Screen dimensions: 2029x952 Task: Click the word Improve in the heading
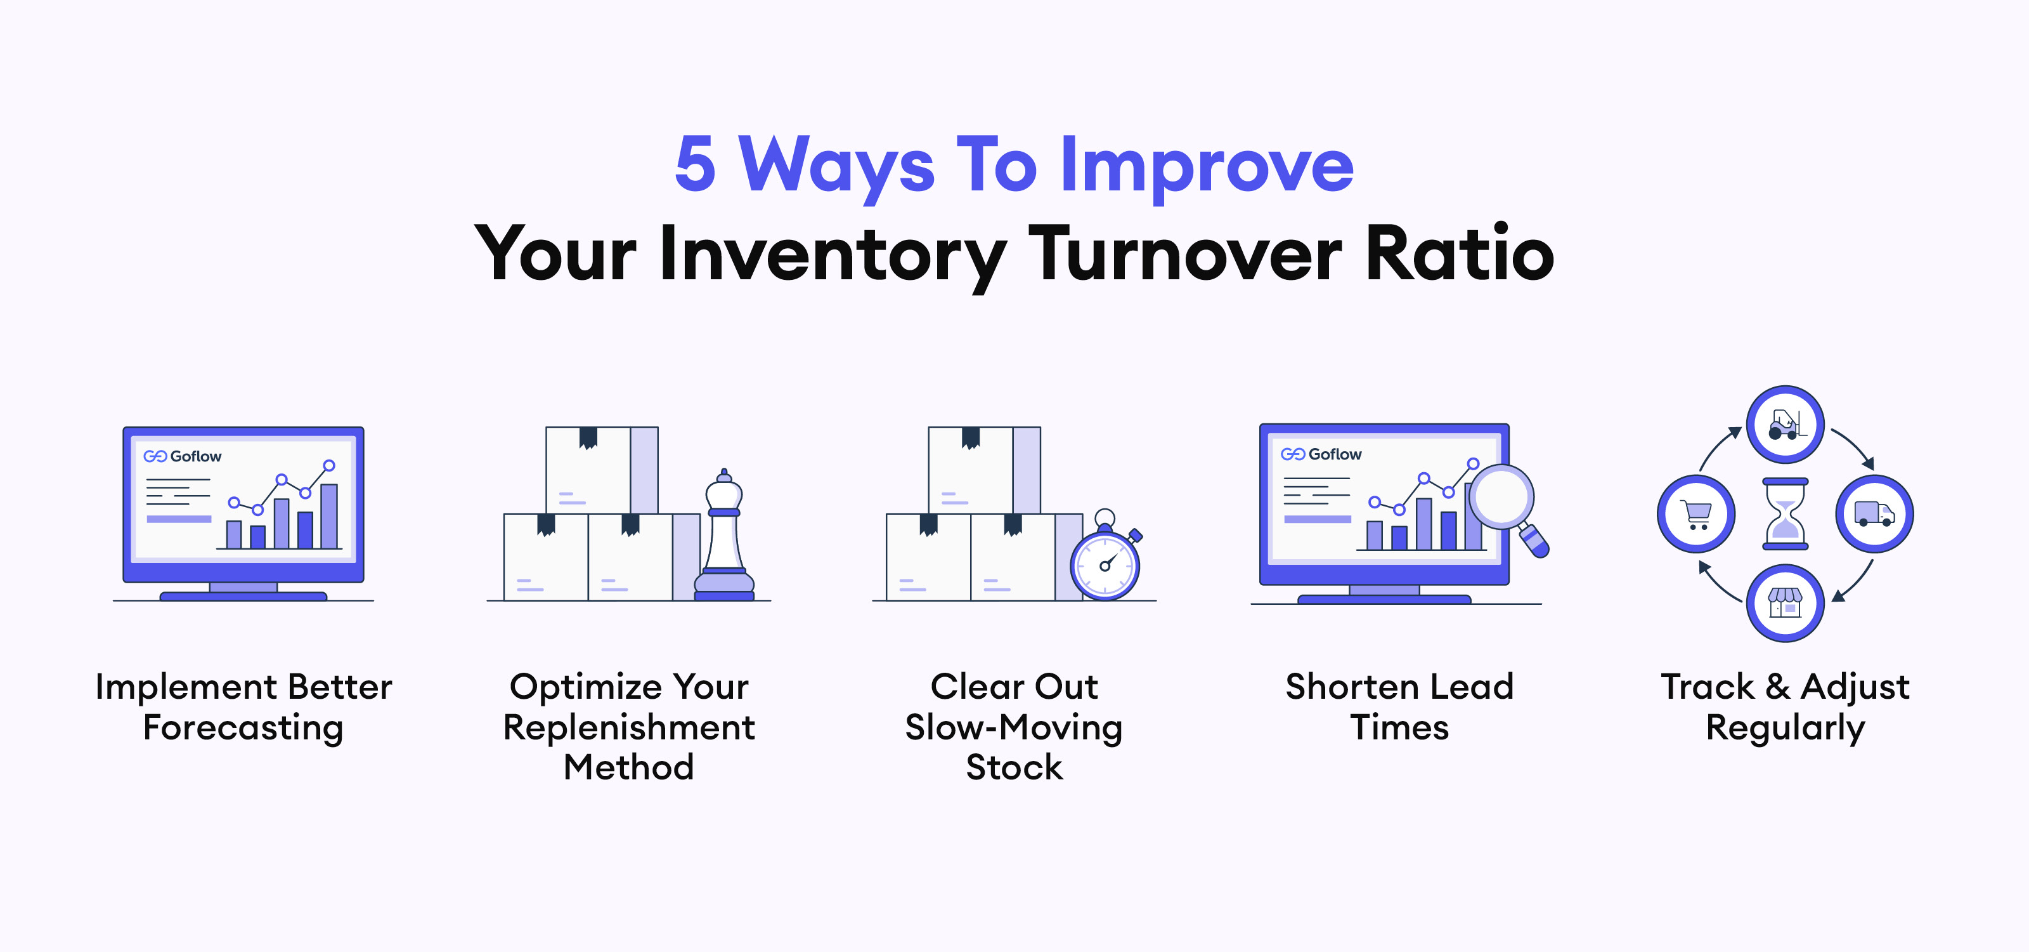click(x=1207, y=168)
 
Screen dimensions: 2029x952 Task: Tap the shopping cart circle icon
click(x=1696, y=514)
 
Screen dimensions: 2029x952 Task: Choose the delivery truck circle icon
click(x=1875, y=514)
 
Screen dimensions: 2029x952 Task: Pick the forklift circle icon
click(x=1785, y=424)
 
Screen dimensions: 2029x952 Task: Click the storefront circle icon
click(x=1785, y=604)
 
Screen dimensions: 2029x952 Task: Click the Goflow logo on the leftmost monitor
click(x=182, y=456)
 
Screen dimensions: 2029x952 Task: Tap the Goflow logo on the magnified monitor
click(x=1321, y=454)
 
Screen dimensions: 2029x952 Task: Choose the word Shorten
click(x=1347, y=687)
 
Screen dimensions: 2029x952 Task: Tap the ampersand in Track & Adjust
click(x=1778, y=687)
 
